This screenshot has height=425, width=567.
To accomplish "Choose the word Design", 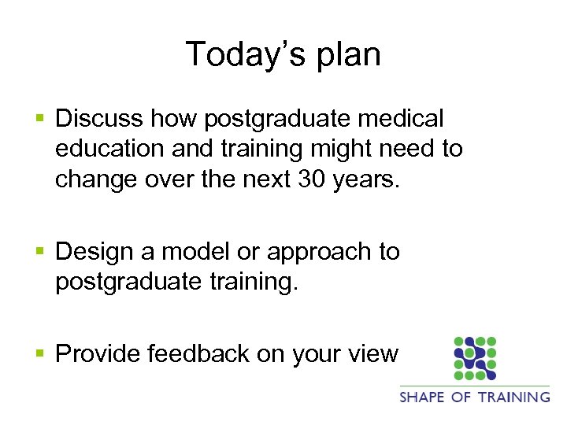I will [x=95, y=253].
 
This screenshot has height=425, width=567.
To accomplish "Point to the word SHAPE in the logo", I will [x=423, y=397].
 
